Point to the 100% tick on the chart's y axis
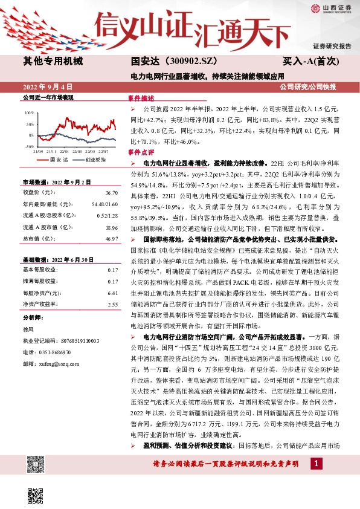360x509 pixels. click(x=30, y=113)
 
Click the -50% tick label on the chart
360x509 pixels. click(x=29, y=146)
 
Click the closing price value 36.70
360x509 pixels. click(x=111, y=192)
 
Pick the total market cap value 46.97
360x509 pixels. click(x=111, y=239)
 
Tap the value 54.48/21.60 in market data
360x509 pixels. click(x=104, y=204)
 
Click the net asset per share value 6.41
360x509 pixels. click(x=112, y=293)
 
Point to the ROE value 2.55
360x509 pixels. click(x=112, y=304)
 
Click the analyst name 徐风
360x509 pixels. click(x=28, y=329)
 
